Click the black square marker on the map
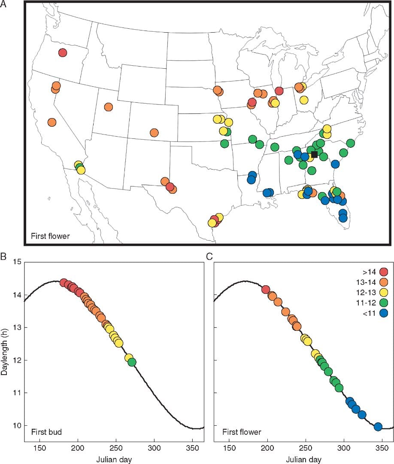(314, 155)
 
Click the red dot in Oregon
(63, 53)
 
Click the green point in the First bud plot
(132, 362)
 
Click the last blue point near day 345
(378, 427)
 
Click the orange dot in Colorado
(154, 133)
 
